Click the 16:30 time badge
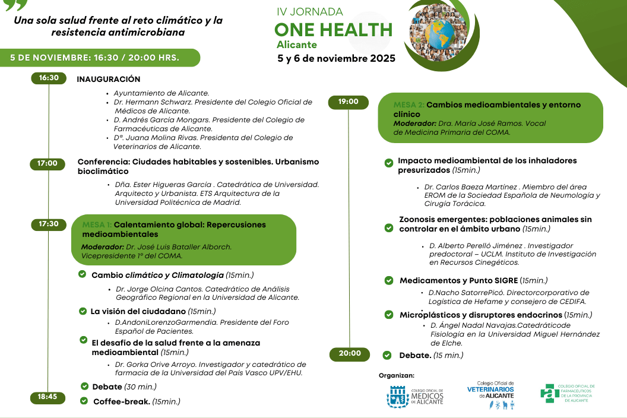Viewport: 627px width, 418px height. click(49, 78)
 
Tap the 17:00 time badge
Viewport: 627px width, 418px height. click(47, 163)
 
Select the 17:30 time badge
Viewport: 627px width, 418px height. click(49, 224)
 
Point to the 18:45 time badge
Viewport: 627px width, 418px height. click(47, 397)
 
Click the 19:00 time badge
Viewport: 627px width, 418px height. click(349, 102)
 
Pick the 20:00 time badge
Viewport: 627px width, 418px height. click(350, 354)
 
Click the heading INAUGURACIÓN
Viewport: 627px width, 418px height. click(109, 79)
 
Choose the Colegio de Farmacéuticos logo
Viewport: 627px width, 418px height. click(568, 393)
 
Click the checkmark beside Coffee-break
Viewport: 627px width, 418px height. click(84, 401)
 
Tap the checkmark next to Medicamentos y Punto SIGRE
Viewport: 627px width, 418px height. click(389, 280)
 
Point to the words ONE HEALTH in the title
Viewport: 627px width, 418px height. click(333, 30)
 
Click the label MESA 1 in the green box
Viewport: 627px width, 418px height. click(96, 225)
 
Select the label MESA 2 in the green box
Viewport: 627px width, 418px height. click(408, 105)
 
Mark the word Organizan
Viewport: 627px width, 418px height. click(397, 375)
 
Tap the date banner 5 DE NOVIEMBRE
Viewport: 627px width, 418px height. click(95, 58)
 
